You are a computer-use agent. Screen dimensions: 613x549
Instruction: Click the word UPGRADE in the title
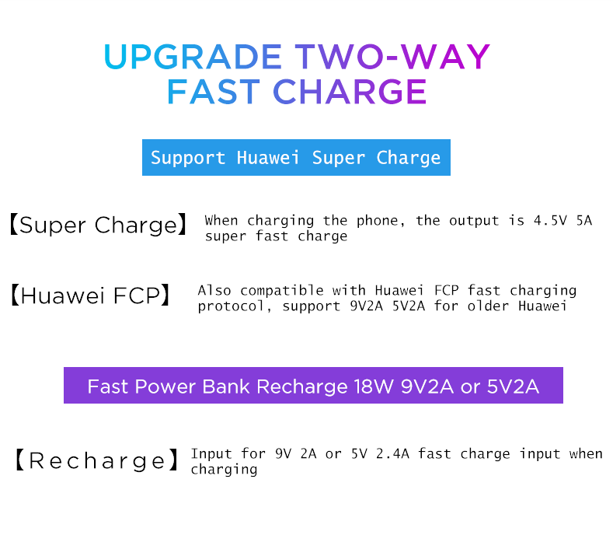(193, 57)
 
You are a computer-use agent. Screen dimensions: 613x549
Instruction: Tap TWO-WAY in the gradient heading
(392, 57)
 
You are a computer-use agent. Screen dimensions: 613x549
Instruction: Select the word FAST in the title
(214, 92)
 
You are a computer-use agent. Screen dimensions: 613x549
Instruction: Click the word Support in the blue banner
(188, 158)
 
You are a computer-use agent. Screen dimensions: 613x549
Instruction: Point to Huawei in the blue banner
(268, 157)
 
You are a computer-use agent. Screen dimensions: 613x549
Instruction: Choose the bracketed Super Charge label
(98, 225)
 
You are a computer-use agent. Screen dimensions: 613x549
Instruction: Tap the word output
(474, 221)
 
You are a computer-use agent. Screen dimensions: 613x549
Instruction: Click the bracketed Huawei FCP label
(90, 295)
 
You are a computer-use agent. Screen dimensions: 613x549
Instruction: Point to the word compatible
(282, 291)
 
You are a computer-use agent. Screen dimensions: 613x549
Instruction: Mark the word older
(488, 306)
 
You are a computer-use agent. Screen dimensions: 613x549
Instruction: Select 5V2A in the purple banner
(513, 387)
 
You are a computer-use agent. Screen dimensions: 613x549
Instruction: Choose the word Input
(211, 454)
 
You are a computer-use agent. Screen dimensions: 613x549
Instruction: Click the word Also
(214, 291)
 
